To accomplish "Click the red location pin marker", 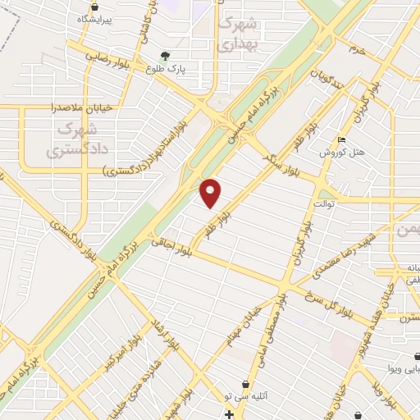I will tap(211, 193).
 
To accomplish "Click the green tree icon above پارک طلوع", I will tap(167, 56).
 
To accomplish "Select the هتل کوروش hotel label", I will tap(336, 153).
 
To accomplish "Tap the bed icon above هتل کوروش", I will tap(342, 139).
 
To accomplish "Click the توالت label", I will tap(324, 201).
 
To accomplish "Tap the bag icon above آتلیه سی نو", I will tap(246, 384).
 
